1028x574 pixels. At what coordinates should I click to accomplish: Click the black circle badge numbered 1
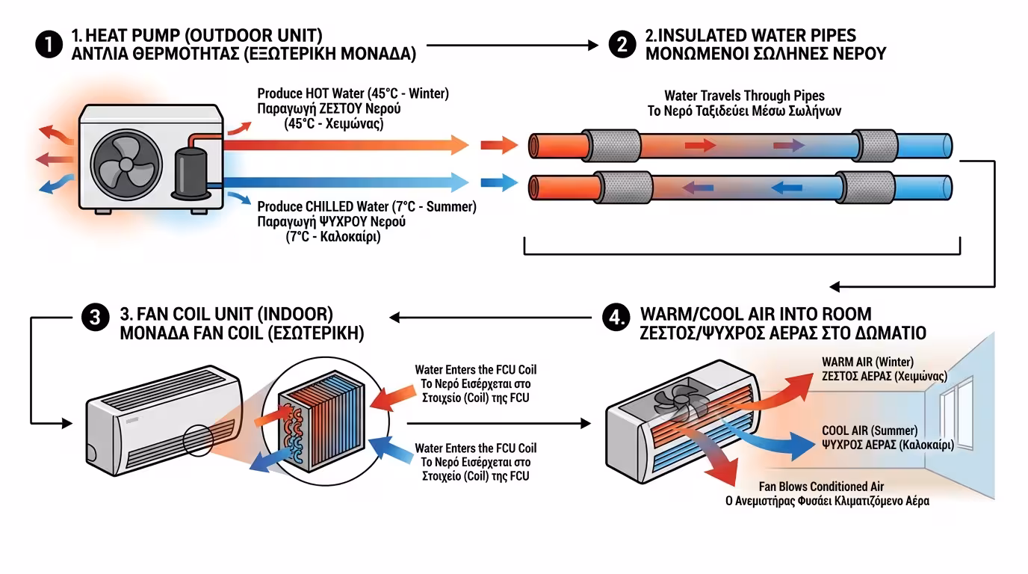click(x=47, y=45)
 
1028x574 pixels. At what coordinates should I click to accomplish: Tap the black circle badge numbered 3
click(x=95, y=318)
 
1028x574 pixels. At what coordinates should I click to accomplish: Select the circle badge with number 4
click(x=615, y=318)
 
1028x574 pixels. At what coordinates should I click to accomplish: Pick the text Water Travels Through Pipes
click(x=744, y=96)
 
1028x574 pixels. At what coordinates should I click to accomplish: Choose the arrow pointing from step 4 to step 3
click(x=493, y=318)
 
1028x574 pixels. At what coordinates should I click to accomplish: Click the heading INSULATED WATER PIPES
click(x=751, y=35)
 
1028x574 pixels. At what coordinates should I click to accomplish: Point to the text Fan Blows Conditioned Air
click(x=821, y=487)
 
